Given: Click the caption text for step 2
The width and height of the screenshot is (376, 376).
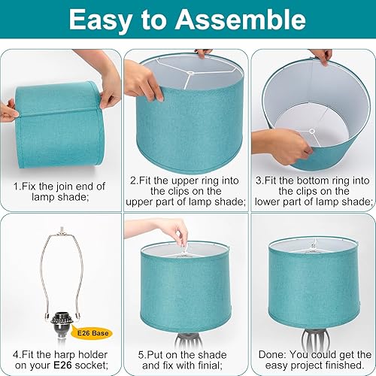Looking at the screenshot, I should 188,191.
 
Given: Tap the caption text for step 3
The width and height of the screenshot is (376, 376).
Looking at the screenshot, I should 312,191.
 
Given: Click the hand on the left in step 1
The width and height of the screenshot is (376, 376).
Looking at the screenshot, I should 9,111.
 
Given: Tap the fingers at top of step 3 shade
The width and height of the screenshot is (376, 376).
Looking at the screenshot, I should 321,56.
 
